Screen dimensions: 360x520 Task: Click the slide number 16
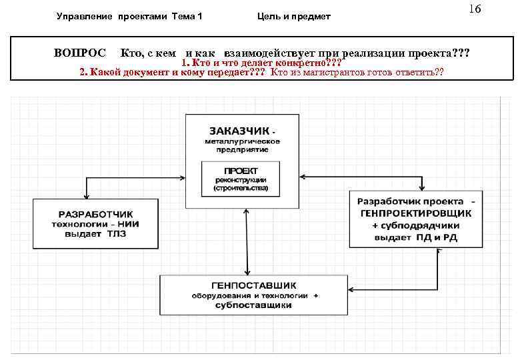coord(475,9)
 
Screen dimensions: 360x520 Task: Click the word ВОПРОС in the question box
coord(79,52)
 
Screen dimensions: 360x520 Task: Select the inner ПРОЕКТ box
coord(241,179)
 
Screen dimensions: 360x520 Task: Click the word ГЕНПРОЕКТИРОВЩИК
coord(415,213)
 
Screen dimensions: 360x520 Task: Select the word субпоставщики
coord(253,305)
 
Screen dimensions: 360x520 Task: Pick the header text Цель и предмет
coord(294,16)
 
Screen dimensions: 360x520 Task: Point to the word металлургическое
coord(242,141)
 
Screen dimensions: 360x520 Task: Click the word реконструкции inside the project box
coord(241,180)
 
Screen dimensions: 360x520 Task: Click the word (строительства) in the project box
coord(241,189)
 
